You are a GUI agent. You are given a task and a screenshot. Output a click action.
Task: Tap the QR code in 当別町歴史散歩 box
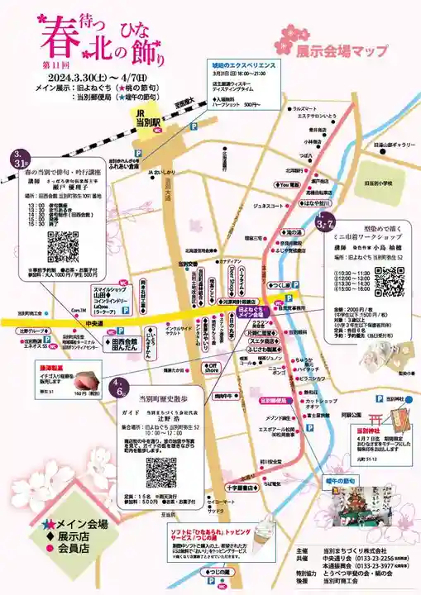pyautogui.click(x=162, y=472)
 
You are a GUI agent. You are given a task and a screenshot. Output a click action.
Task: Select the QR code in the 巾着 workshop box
pyautogui.click(x=389, y=281)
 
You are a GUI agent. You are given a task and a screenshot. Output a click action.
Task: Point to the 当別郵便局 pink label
pyautogui.click(x=278, y=400)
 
